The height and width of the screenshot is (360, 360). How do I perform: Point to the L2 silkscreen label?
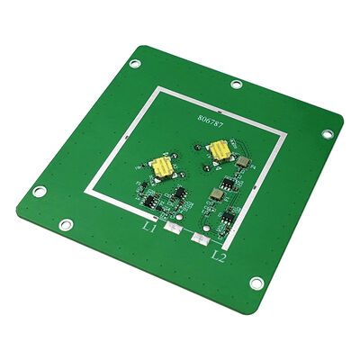point(218,256)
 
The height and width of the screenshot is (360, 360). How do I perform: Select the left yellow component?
point(161,167)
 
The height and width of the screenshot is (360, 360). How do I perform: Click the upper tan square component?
point(242,163)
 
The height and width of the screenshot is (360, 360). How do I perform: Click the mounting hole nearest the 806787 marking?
point(236,85)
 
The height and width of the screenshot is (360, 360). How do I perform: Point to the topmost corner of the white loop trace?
point(160,87)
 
